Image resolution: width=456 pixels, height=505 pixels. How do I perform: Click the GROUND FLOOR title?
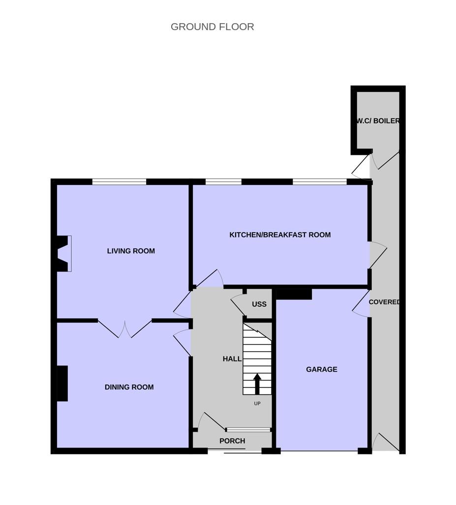212,27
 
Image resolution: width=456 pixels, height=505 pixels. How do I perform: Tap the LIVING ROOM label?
131,251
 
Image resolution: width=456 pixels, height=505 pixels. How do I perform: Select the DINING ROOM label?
129,387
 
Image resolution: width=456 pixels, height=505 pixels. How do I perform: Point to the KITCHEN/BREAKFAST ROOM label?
280,235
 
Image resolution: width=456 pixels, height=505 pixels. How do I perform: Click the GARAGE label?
322,369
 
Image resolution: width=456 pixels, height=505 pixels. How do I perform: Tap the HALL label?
232,359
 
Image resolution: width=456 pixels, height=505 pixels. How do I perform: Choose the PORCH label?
232,441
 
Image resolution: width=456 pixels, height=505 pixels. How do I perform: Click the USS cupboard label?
259,304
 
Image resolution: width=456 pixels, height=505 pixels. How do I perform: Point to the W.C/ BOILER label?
378,121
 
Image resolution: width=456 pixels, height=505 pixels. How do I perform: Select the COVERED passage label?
384,302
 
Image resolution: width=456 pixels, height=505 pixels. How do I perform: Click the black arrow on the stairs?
257,384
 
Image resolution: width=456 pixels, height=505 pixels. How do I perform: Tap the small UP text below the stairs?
257,404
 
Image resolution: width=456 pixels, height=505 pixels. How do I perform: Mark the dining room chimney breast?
62,383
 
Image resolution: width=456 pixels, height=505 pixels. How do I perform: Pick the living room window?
119,181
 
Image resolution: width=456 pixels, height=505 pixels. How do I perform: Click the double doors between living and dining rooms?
125,328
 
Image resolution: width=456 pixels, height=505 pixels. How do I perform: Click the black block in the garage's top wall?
294,295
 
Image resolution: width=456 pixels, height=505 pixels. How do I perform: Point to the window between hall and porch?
248,430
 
